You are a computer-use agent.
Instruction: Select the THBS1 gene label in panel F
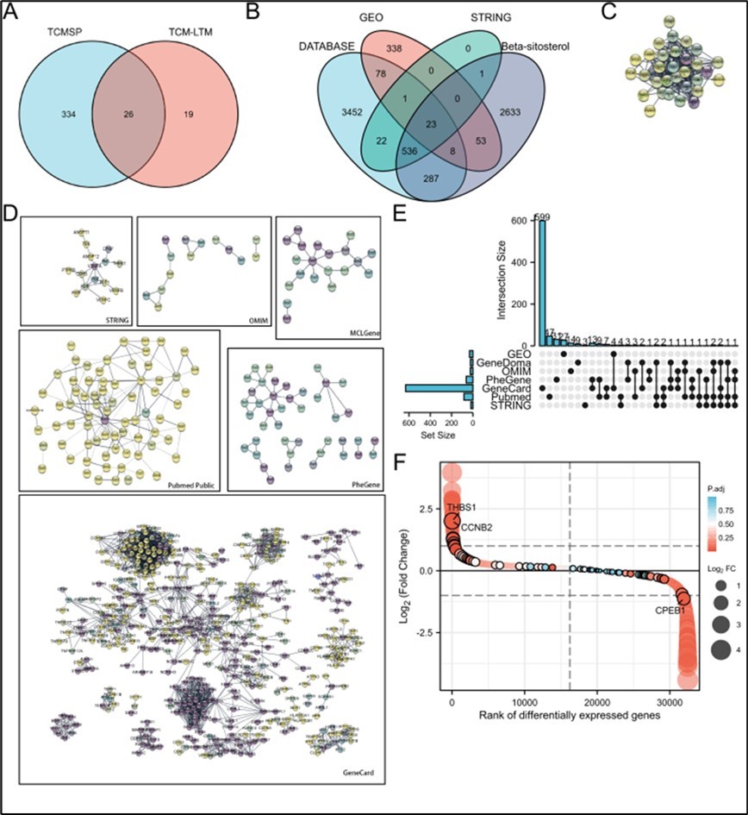[462, 506]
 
